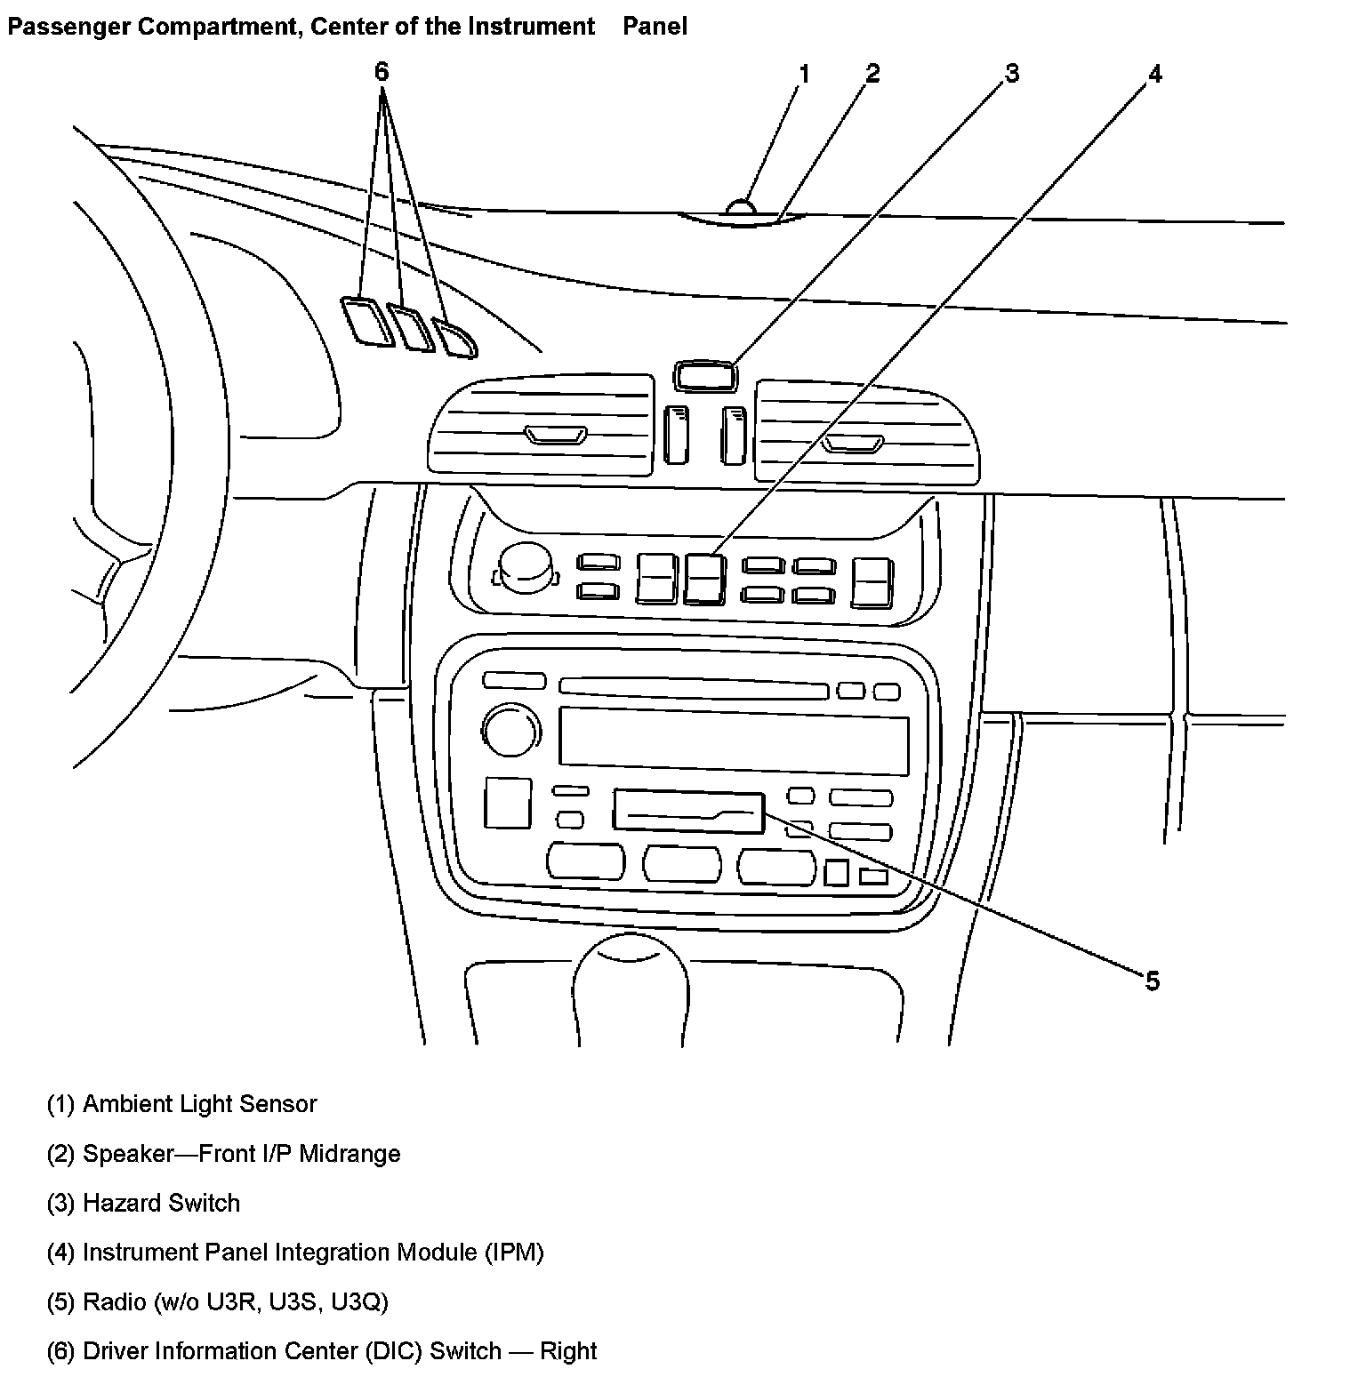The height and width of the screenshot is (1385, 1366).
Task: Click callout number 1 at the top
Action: pos(804,74)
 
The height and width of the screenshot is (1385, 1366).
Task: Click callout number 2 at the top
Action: pos(872,74)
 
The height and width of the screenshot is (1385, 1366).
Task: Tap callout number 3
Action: pos(1011,74)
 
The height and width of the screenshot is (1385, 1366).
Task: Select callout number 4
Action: pos(1154,75)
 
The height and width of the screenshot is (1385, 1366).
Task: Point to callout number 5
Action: pos(1152,981)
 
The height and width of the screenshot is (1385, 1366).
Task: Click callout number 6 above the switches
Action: pos(382,72)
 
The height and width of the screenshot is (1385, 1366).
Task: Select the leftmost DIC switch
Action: pos(366,321)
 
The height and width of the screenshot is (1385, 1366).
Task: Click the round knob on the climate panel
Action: pos(525,566)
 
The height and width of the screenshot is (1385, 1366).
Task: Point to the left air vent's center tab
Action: pos(556,436)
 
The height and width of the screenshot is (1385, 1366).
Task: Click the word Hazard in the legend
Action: pos(124,1203)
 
